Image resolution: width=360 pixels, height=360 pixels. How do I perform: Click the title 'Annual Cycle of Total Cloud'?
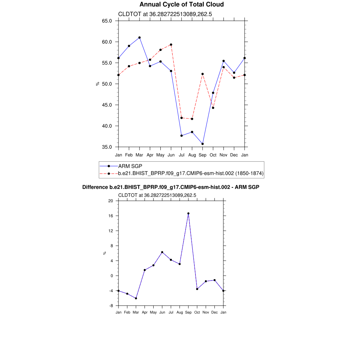[181, 5]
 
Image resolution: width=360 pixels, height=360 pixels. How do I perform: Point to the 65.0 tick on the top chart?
[107, 21]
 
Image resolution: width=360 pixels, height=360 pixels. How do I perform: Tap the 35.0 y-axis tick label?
[107, 147]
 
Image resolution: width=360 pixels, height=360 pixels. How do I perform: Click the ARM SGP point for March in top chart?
[140, 38]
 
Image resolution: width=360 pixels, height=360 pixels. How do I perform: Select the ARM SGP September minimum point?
[202, 144]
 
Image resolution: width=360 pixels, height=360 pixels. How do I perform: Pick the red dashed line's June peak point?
[171, 45]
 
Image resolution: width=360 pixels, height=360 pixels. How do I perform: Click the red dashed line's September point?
[202, 74]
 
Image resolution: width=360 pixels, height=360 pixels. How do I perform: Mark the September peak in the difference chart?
[188, 213]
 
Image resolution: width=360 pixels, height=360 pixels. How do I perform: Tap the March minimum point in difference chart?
[136, 298]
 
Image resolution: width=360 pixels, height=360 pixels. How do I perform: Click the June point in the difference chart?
[162, 252]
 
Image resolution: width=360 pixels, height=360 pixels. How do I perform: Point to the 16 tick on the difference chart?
[110, 216]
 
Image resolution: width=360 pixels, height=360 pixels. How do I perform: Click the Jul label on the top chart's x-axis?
[181, 155]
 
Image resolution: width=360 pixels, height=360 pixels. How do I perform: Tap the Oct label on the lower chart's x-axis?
[197, 312]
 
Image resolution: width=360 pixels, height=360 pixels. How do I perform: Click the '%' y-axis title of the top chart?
[97, 84]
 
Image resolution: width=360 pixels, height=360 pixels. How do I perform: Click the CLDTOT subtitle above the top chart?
[165, 14]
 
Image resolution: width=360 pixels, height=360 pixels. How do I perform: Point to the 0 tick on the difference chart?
[111, 276]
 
